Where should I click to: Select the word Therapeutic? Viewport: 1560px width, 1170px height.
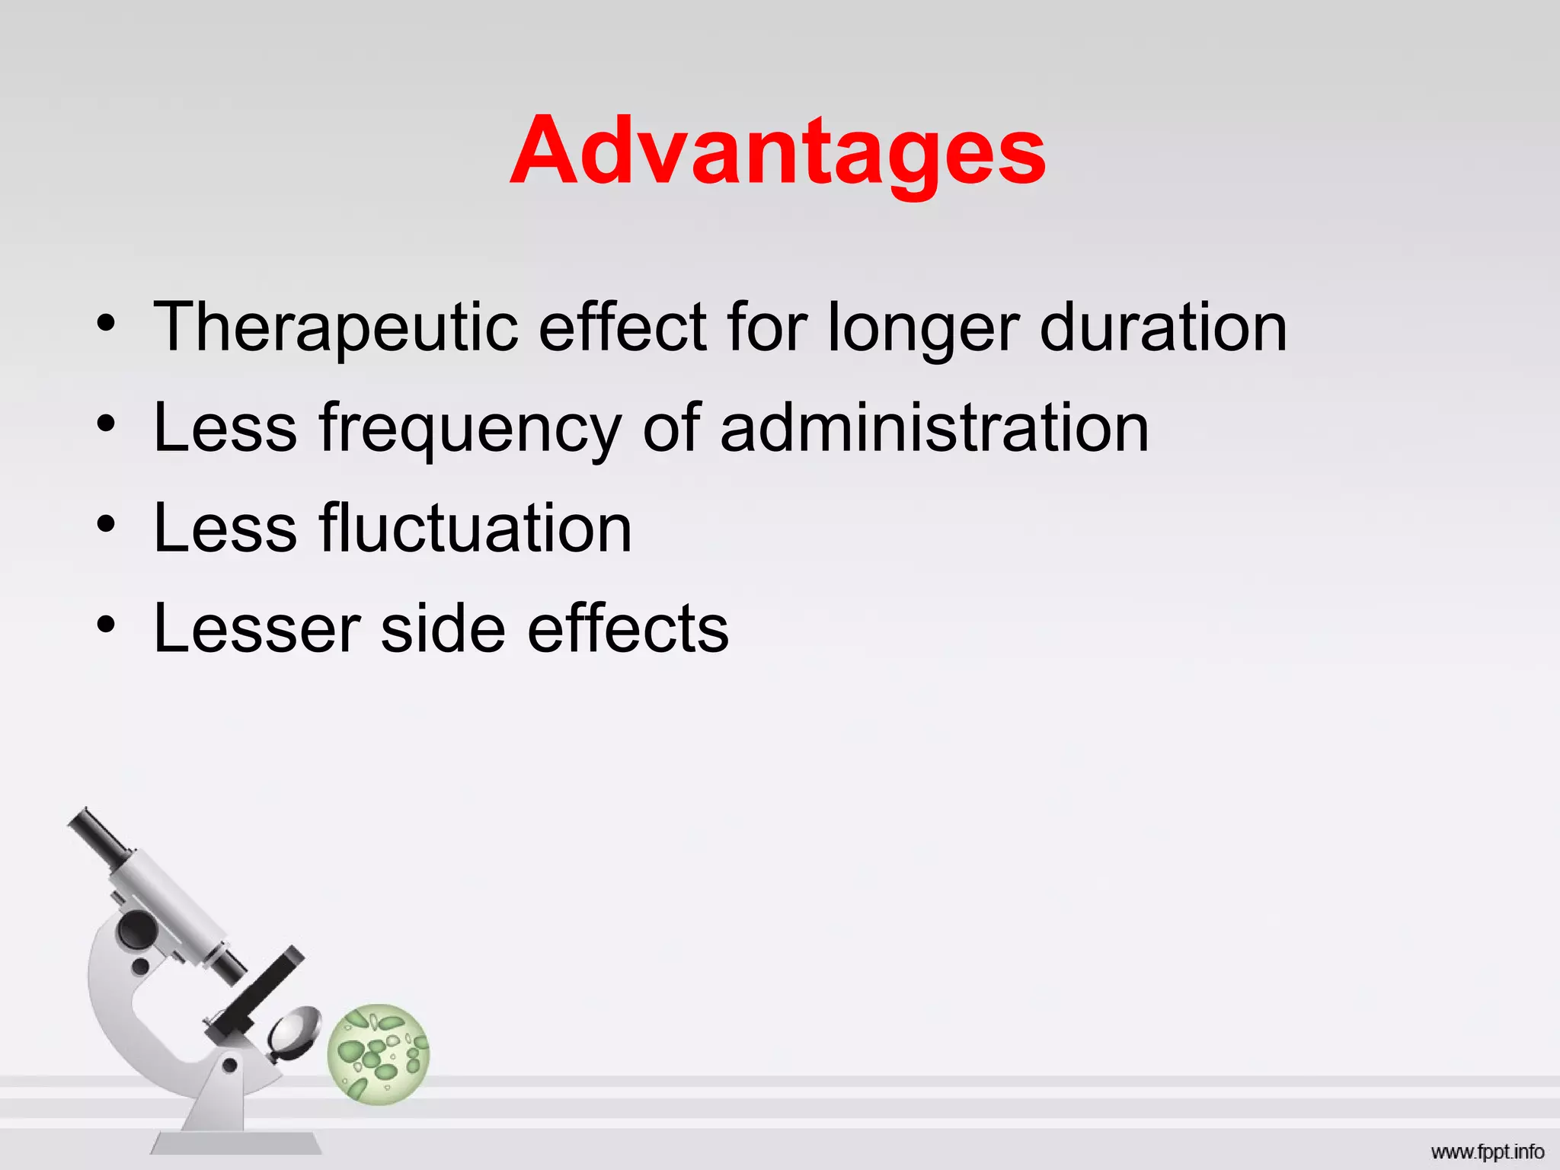(336, 328)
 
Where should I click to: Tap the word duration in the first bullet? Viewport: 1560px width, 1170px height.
(1163, 328)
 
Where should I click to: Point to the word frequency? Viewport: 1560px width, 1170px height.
(471, 429)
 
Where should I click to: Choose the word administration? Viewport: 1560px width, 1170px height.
(934, 427)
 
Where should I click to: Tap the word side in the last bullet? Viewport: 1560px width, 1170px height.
(443, 628)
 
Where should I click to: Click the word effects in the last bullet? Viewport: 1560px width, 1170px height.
(628, 628)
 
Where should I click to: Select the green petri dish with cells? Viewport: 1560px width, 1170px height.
(379, 1053)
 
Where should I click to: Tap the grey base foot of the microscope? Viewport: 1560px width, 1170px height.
(236, 1143)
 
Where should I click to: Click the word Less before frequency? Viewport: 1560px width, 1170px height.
(225, 427)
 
